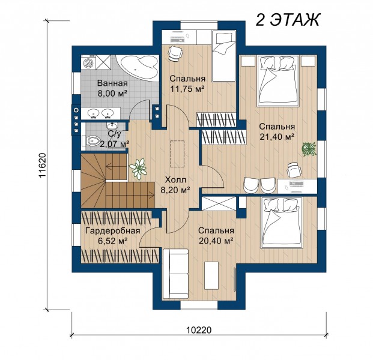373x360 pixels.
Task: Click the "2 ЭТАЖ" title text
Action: (288, 19)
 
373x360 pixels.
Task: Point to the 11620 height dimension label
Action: (42, 166)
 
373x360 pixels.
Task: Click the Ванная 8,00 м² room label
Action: (112, 88)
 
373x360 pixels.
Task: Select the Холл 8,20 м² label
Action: (175, 185)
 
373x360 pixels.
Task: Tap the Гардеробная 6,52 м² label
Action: (113, 235)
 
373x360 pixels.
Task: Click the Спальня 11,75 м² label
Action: (187, 83)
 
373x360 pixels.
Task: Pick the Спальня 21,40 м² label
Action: (277, 131)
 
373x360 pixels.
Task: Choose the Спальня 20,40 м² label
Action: (216, 235)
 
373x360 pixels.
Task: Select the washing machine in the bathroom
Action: (88, 62)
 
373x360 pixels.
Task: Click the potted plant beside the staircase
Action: (138, 169)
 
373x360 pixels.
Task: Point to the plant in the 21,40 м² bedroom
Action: (309, 149)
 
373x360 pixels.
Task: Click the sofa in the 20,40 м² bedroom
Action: (176, 274)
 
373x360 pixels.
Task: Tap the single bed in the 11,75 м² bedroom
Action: (224, 56)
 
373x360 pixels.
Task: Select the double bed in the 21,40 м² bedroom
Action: (277, 81)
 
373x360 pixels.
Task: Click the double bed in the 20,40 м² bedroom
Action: (282, 223)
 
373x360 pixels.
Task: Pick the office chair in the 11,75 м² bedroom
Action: (175, 53)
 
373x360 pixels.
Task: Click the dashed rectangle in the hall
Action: (177, 154)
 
